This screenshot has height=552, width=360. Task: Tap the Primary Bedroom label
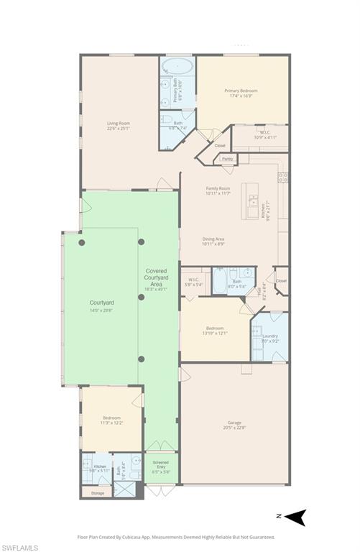click(241, 91)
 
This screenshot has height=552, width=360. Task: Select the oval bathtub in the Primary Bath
click(177, 69)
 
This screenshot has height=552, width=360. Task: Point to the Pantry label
click(227, 159)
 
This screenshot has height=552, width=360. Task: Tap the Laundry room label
click(270, 336)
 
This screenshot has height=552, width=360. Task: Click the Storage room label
click(97, 493)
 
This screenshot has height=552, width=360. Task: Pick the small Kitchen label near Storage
click(100, 466)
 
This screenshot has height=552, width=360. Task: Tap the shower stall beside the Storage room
click(124, 491)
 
